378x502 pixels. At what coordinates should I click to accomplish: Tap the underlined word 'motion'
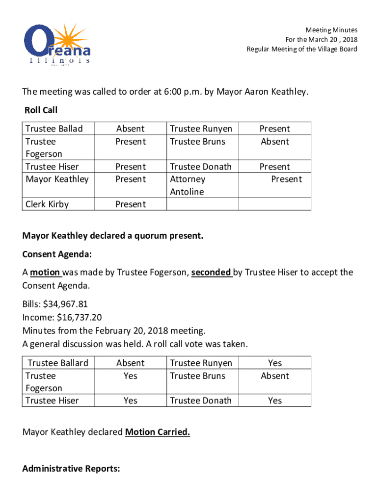(45, 273)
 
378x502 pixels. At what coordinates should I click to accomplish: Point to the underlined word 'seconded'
(211, 273)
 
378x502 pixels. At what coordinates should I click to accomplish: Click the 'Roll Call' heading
(41, 111)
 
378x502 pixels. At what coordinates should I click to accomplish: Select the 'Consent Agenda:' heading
(57, 255)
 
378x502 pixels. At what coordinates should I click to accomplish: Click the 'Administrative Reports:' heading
(71, 469)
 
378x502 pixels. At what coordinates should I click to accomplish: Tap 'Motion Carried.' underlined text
(158, 432)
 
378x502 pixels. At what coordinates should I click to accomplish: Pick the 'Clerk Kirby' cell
(47, 204)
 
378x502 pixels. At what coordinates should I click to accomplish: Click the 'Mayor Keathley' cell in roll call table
(57, 179)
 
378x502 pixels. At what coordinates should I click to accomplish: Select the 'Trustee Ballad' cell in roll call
(54, 129)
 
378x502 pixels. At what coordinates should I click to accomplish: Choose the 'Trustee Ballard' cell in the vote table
(58, 363)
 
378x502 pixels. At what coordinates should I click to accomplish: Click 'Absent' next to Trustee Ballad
(130, 129)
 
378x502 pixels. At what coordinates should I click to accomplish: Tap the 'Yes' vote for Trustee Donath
(275, 401)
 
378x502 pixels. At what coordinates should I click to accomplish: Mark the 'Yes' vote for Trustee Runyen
(275, 363)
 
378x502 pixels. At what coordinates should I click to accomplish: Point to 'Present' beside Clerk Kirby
(130, 204)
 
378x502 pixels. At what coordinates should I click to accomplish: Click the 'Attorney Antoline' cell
(188, 185)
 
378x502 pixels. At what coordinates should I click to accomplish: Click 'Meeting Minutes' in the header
(331, 30)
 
